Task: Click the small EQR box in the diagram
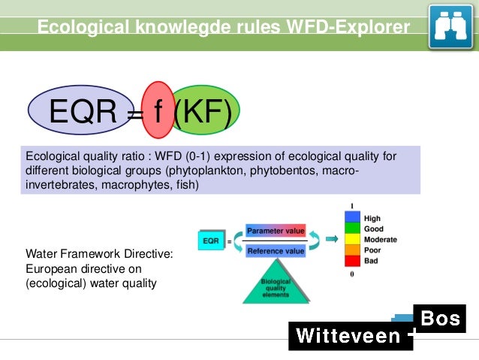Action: (210, 241)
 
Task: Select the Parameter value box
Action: (276, 231)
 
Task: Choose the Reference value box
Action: (276, 251)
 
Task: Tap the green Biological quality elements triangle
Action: (276, 286)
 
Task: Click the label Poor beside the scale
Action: (373, 250)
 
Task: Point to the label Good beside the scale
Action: (374, 229)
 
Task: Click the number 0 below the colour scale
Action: (351, 274)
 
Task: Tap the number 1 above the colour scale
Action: (351, 206)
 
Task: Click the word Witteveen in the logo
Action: (348, 335)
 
